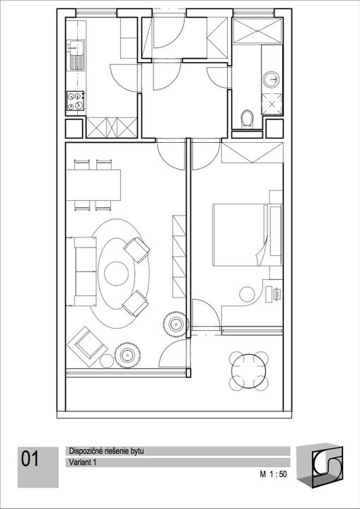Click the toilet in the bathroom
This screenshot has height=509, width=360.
(x=248, y=119)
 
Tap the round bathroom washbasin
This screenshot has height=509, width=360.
(x=272, y=79)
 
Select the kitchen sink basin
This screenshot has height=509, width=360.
(x=76, y=47)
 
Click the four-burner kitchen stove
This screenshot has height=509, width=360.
(x=76, y=100)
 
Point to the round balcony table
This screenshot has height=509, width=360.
(x=248, y=371)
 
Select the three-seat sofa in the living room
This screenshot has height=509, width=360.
(x=81, y=271)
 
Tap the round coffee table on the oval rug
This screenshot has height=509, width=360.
(x=116, y=274)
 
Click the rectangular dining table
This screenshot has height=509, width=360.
(x=93, y=185)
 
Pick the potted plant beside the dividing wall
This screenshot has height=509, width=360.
(x=176, y=324)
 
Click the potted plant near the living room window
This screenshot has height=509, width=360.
(x=127, y=355)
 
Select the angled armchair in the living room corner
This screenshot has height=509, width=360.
(x=87, y=346)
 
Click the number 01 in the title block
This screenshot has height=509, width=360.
(x=30, y=459)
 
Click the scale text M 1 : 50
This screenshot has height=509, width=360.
(x=273, y=474)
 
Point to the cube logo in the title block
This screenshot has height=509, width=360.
(x=320, y=465)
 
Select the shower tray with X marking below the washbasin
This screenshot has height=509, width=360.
(x=272, y=104)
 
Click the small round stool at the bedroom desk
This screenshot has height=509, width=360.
(x=247, y=294)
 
